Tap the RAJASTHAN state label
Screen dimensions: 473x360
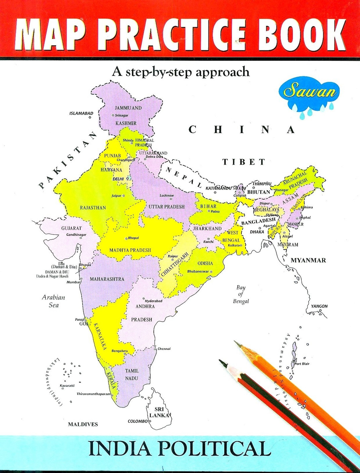coord(93,208)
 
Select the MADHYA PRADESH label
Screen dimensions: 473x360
coord(130,250)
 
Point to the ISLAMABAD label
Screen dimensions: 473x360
coord(81,113)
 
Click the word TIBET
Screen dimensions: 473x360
coord(244,162)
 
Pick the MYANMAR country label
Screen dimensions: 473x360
coord(308,260)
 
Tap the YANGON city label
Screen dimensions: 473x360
coord(319,306)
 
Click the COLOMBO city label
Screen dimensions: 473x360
coord(137,421)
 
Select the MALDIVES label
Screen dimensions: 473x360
coord(83,424)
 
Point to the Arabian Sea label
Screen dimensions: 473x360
coord(53,301)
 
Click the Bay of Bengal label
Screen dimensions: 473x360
coord(241,294)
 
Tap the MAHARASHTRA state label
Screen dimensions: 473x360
coord(107,279)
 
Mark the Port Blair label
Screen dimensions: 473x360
coord(302,364)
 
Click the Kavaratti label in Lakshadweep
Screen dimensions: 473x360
coord(67,385)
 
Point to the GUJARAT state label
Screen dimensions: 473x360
coord(72,228)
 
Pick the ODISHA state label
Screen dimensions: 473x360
coord(205,263)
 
